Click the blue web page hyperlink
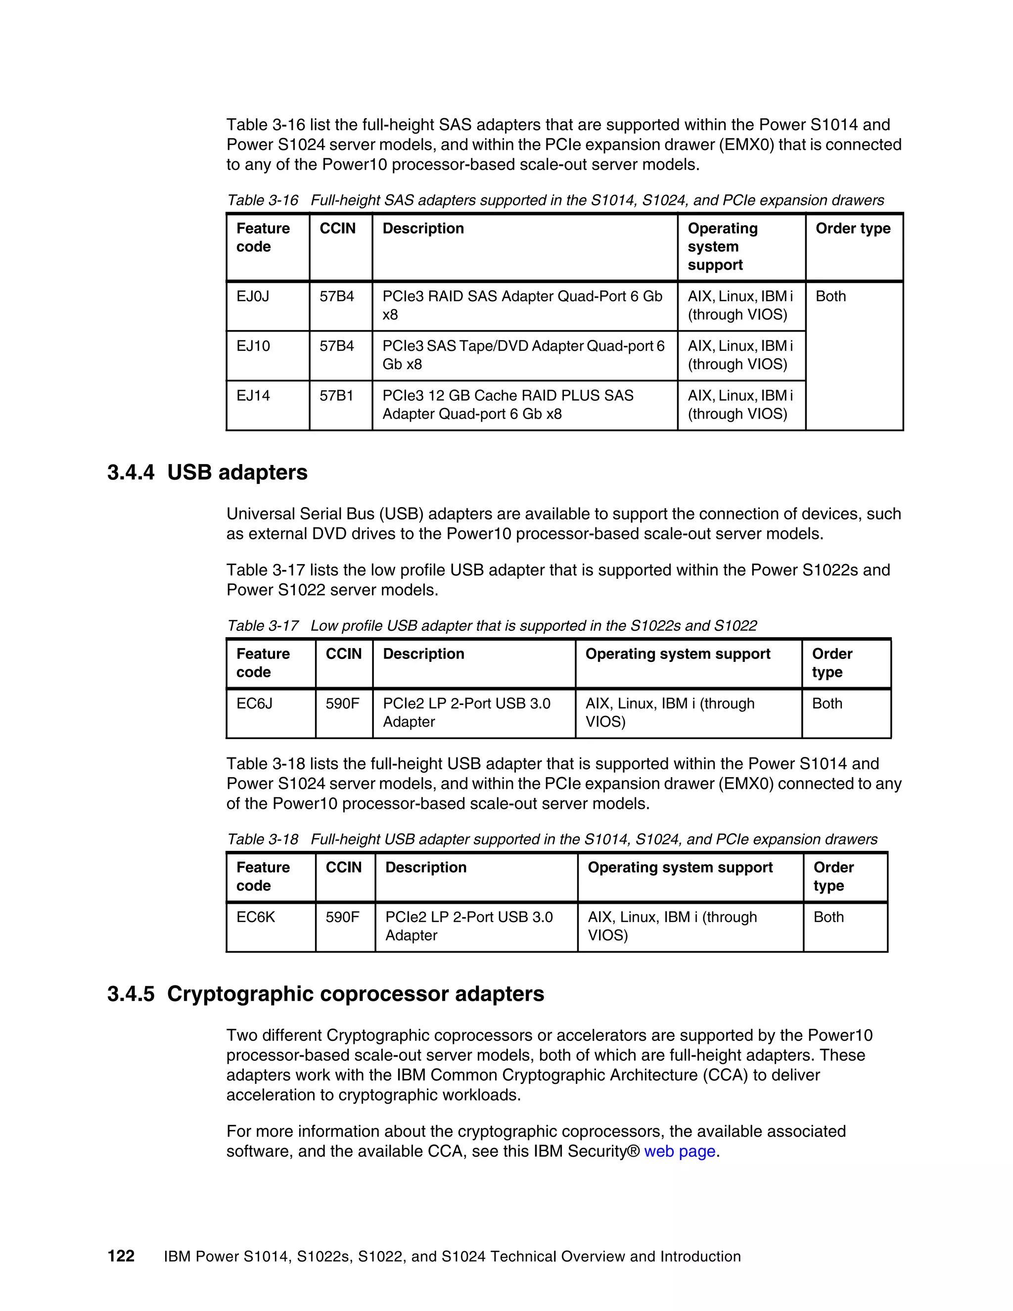pos(679,1151)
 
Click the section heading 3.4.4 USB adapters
pos(207,472)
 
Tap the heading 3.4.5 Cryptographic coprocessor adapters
pos(325,994)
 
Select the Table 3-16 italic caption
pos(555,200)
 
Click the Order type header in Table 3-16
pos(853,229)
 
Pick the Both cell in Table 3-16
pos(830,296)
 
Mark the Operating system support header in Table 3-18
pos(680,868)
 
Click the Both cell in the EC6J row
pos(827,703)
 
